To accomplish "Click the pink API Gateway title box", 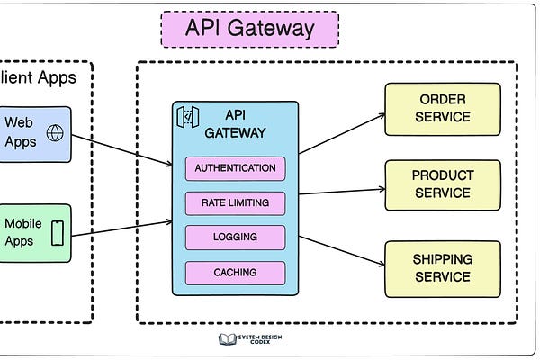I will tap(249, 29).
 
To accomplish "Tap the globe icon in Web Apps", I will tap(56, 133).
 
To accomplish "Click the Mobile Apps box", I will tap(34, 233).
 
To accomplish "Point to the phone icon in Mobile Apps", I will tap(58, 233).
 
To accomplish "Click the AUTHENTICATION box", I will tap(235, 168).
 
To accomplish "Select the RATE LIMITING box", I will tap(235, 202).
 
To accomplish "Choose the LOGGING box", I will tap(235, 237).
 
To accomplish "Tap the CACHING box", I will tap(235, 272).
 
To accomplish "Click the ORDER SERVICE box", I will tap(443, 109).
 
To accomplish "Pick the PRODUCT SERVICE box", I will tap(443, 184).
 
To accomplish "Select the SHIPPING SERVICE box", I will tap(443, 268).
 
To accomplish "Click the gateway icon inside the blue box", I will tap(186, 117).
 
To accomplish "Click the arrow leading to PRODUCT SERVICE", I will tap(342, 191).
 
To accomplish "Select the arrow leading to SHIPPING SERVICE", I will tap(342, 253).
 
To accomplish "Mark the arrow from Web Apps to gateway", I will tap(121, 150).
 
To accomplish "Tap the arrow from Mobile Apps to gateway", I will tap(121, 229).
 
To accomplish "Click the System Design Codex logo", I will tap(249, 339).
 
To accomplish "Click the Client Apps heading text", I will tap(40, 77).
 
